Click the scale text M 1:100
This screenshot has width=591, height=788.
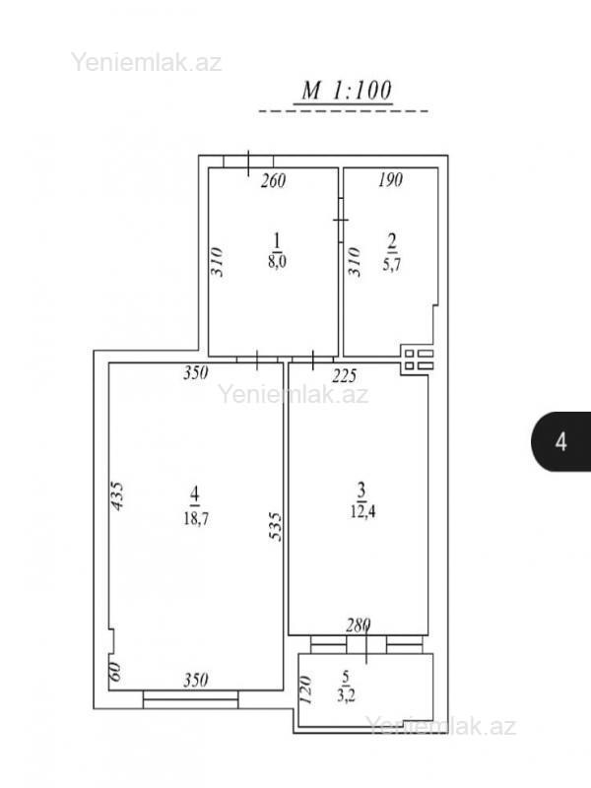[x=347, y=91]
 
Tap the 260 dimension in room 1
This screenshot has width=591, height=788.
[x=273, y=180]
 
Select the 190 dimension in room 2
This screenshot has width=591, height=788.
[x=390, y=179]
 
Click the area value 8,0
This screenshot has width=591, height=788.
[x=277, y=262]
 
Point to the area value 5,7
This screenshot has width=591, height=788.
[x=391, y=264]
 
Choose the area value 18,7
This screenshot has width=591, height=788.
[x=196, y=518]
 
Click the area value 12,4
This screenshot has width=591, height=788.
[x=363, y=512]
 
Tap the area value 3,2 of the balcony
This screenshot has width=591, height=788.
[x=347, y=696]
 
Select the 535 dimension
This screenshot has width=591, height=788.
[x=275, y=526]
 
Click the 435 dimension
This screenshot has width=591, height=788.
[x=116, y=496]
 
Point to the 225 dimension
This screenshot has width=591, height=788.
[x=345, y=375]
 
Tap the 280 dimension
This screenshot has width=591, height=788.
[x=359, y=625]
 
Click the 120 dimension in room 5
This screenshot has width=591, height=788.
[x=305, y=689]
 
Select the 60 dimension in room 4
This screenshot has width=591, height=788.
[x=115, y=671]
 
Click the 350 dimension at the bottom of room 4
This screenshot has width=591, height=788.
[x=195, y=680]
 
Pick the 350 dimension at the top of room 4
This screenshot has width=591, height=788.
[x=195, y=372]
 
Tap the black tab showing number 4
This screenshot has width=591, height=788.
[x=560, y=441]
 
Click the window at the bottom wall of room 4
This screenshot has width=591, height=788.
[x=190, y=699]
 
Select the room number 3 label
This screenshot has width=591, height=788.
[x=361, y=489]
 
